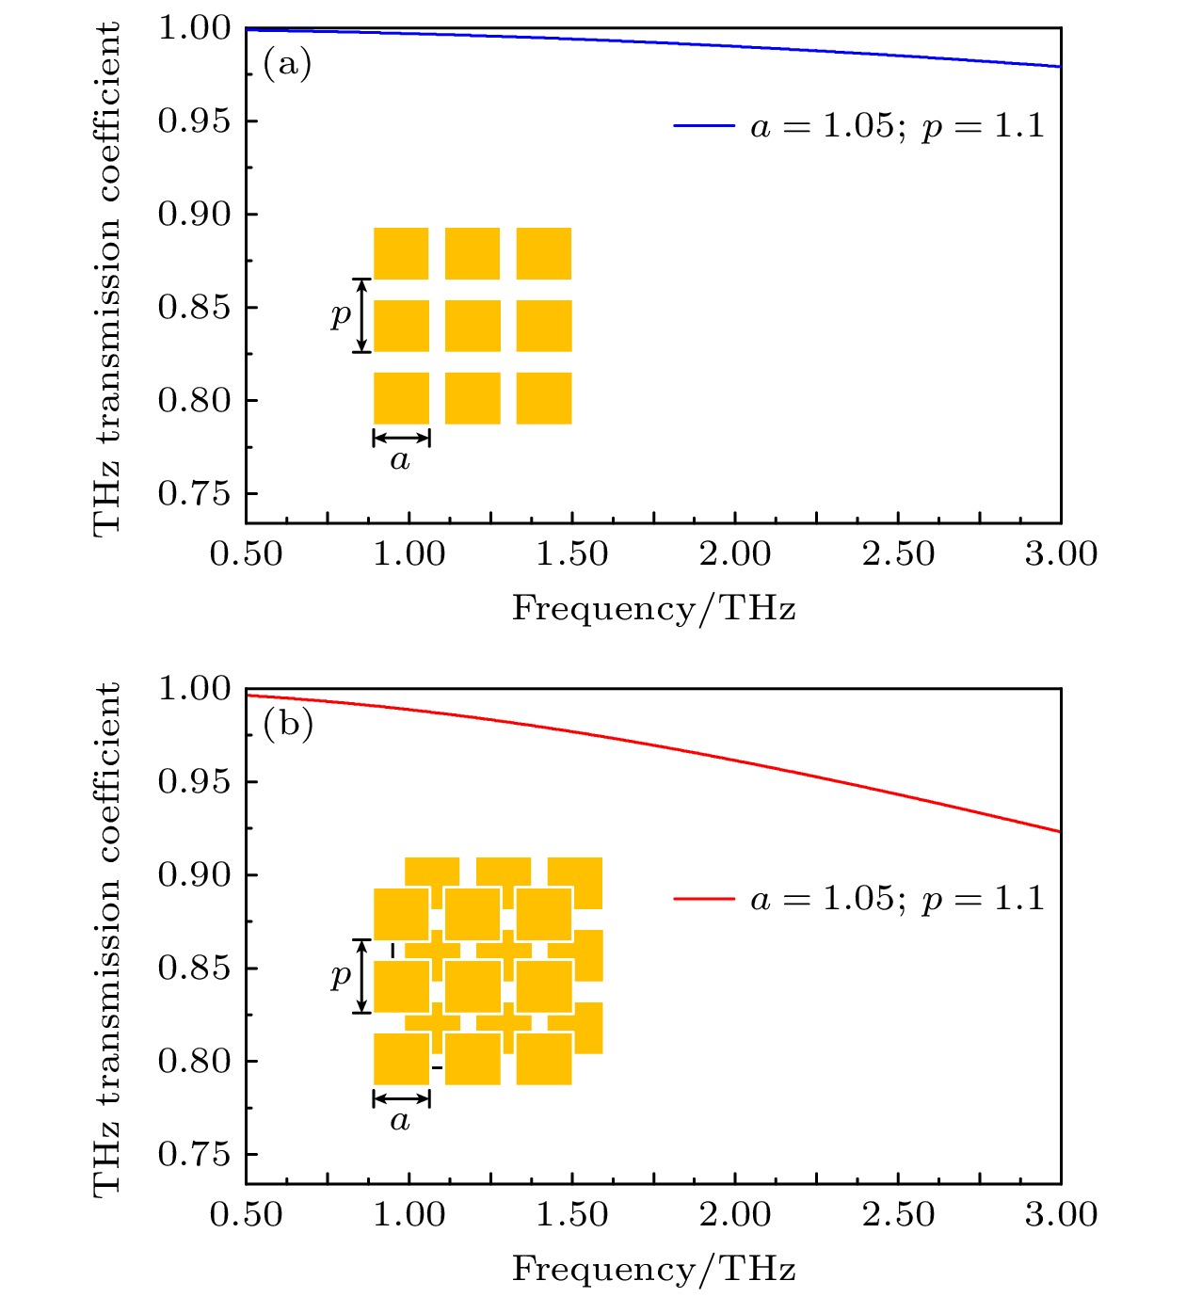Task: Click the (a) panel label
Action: [287, 64]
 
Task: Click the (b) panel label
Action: [288, 725]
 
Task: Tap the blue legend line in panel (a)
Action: [703, 125]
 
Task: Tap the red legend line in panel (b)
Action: [703, 900]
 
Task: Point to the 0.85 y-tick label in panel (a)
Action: [194, 308]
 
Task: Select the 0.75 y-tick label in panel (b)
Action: [194, 1154]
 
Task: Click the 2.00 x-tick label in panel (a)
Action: [735, 554]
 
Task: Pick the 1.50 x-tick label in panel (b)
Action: [572, 1215]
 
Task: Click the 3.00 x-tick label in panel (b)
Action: [1061, 1215]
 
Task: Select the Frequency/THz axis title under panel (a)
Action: [653, 609]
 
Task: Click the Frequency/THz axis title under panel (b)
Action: [653, 1270]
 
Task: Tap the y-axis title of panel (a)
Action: [107, 279]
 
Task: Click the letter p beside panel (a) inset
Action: [341, 315]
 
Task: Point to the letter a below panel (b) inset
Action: [400, 1121]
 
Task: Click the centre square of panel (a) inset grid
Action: [473, 326]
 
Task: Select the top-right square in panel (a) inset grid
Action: [544, 253]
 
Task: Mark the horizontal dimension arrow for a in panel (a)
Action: [402, 438]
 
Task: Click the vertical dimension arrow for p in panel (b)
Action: [362, 976]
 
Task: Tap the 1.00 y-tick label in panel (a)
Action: [194, 28]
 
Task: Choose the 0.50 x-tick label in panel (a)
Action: [246, 554]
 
